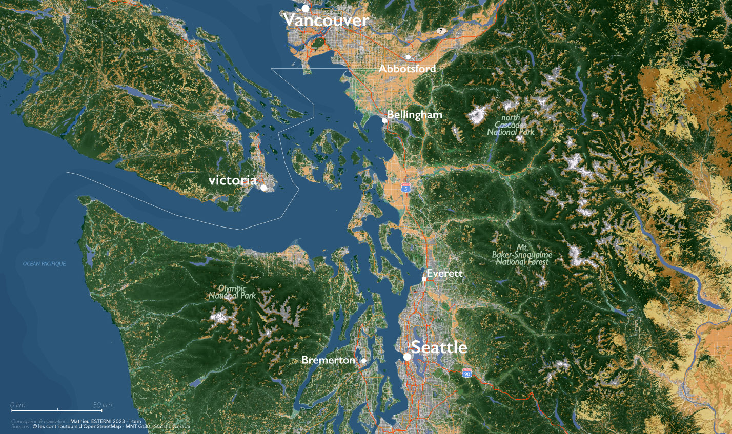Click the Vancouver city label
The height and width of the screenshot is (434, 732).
tap(326, 20)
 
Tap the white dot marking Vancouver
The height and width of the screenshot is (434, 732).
tap(306, 8)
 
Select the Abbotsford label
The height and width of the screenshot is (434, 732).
tap(408, 69)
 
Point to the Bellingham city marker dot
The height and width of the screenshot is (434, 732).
tap(384, 120)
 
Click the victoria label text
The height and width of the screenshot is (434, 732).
tap(233, 180)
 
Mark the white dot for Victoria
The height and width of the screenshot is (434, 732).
tap(263, 188)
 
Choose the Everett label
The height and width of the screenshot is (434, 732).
tap(445, 274)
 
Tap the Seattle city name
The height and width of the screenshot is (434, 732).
tap(439, 347)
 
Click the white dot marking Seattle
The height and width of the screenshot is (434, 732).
tap(406, 357)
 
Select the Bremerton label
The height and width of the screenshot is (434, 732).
tap(328, 360)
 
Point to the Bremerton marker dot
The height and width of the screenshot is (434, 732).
tap(364, 360)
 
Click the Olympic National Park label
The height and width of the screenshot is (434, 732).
tap(232, 292)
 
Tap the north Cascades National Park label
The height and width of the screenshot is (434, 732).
tap(511, 125)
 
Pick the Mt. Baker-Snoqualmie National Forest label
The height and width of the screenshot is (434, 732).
tap(522, 255)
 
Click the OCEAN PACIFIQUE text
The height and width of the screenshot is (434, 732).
tap(44, 264)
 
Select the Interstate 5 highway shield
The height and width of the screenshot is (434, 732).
tap(406, 188)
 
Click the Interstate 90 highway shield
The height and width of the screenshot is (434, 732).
tap(466, 374)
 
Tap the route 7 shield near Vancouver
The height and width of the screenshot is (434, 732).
tap(440, 31)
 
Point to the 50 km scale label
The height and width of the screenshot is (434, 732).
tap(103, 405)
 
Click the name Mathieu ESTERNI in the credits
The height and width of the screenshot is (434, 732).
tap(93, 421)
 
